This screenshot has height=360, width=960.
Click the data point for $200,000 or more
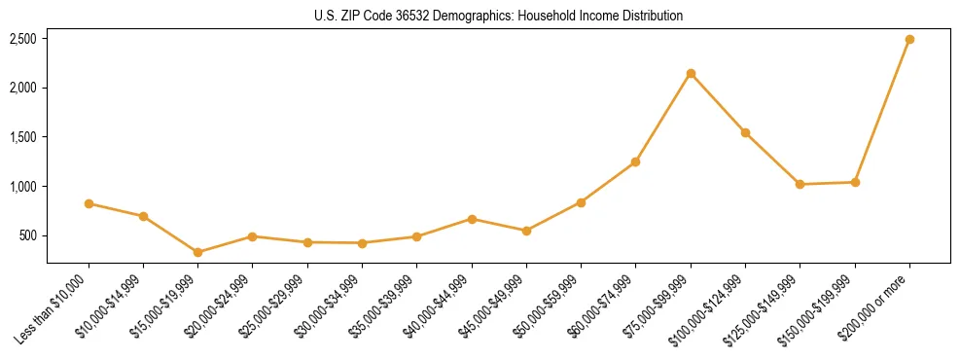point(909,40)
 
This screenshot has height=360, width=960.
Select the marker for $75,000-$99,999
point(691,74)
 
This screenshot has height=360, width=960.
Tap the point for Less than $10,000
point(89,203)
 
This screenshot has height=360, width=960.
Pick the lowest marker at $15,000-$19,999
point(198,252)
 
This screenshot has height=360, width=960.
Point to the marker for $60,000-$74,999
point(636,162)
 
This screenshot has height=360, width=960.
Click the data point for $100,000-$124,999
point(745,132)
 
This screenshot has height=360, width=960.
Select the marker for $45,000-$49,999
point(526,231)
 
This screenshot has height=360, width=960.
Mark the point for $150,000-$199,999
point(855,182)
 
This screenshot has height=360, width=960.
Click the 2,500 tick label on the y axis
point(23,39)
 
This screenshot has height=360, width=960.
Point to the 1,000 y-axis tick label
point(23,187)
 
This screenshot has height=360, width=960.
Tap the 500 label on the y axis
point(28,235)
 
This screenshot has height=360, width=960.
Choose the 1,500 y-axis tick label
point(23,137)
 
